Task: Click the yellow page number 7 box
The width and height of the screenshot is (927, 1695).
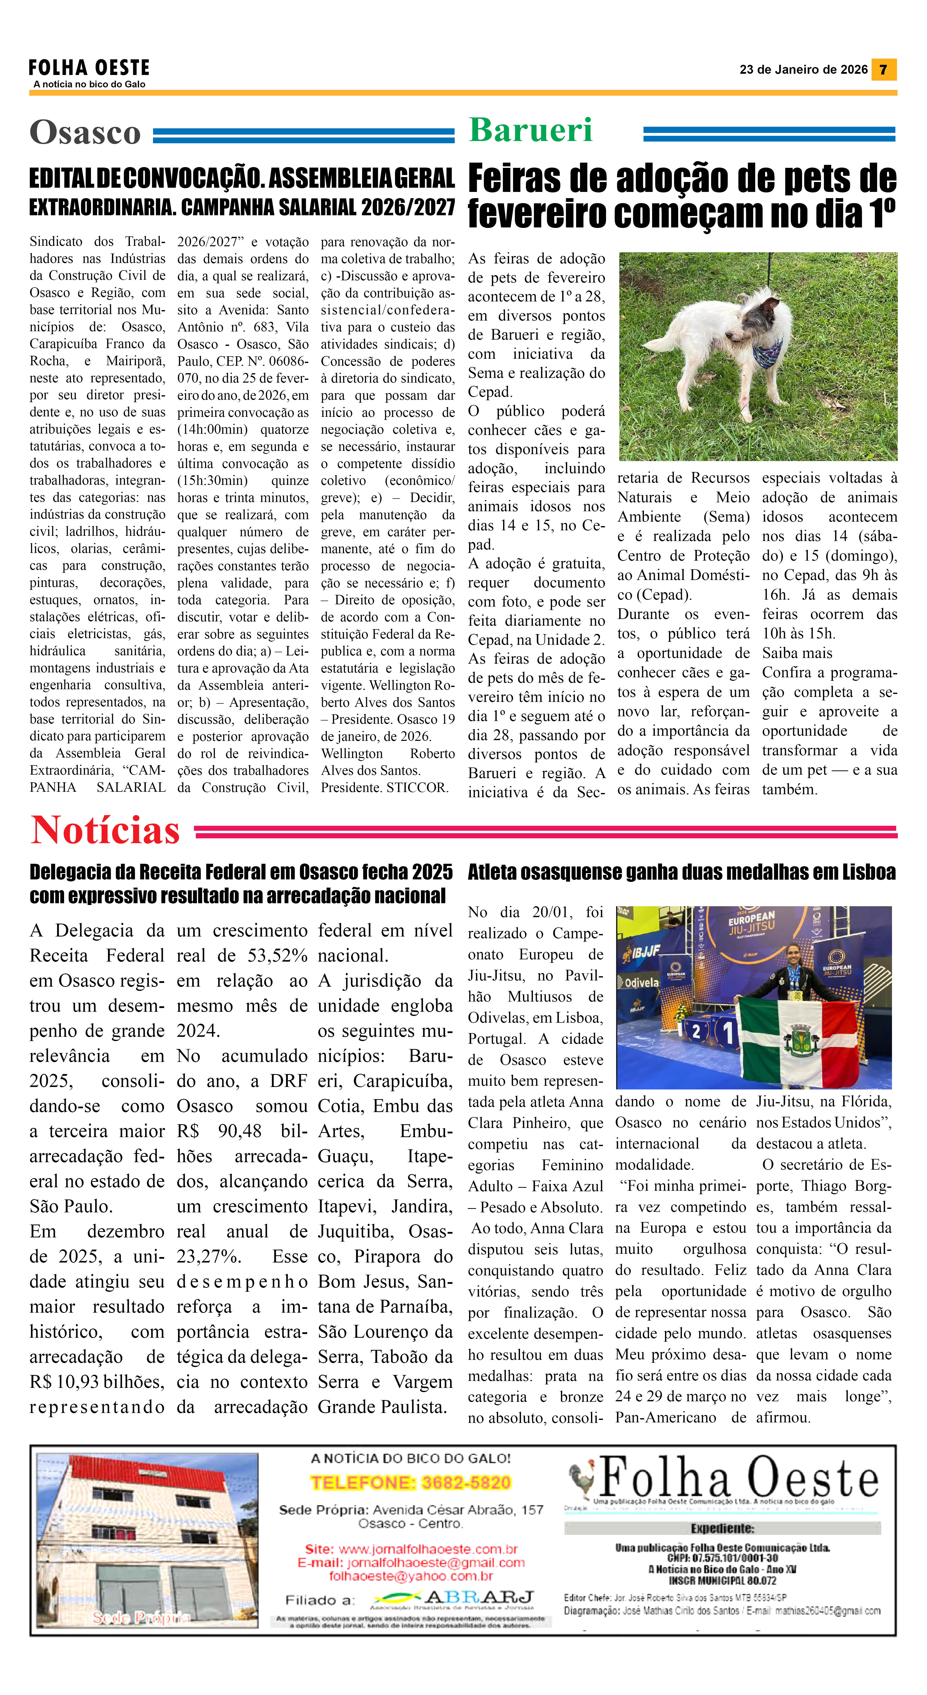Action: pos(884,69)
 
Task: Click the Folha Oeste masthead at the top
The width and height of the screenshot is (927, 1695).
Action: pos(89,68)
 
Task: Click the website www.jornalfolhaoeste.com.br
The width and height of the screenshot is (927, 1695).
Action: pos(428,1549)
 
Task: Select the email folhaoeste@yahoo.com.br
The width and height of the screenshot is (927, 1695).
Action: pos(411,1576)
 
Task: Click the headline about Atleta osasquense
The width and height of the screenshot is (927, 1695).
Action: pos(681,872)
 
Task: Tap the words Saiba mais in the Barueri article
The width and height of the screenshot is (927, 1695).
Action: pos(797,653)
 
